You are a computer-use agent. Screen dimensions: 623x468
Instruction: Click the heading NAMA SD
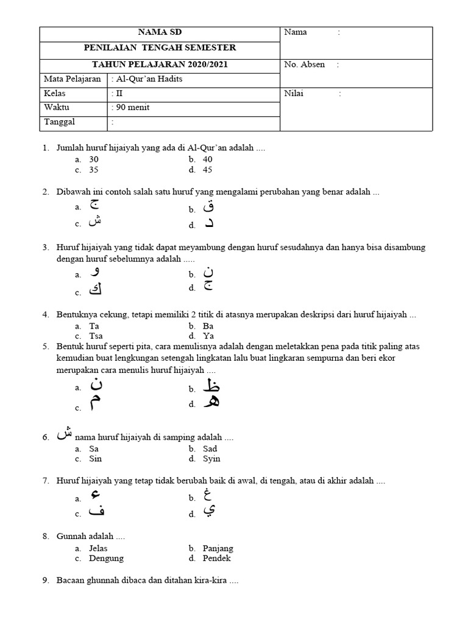click(x=160, y=32)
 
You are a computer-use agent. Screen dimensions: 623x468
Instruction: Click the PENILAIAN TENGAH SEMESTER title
click(x=160, y=47)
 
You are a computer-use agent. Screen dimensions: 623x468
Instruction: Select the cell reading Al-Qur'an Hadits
click(x=147, y=79)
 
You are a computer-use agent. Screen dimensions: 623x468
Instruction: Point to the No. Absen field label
click(x=304, y=64)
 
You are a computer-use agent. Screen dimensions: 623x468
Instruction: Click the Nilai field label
click(x=293, y=93)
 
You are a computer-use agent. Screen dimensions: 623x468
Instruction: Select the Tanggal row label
click(x=59, y=122)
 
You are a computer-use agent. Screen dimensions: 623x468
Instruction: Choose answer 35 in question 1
click(x=94, y=170)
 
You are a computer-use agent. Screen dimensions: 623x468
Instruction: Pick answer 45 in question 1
click(x=208, y=170)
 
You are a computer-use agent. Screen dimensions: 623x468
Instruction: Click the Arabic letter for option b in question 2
click(x=208, y=207)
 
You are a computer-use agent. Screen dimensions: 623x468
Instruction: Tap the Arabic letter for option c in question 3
click(x=95, y=290)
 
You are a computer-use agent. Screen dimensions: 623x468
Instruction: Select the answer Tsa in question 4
click(x=96, y=335)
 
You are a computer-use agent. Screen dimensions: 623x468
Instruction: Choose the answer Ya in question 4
click(x=208, y=335)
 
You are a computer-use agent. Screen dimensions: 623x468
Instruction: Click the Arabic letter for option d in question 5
click(x=210, y=402)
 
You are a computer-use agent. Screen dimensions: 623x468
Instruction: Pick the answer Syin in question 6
click(x=211, y=459)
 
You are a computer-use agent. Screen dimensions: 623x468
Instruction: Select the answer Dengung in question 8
click(x=106, y=558)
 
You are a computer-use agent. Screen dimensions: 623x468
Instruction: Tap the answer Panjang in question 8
click(x=218, y=548)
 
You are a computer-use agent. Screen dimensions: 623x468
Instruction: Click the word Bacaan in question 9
click(x=70, y=581)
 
